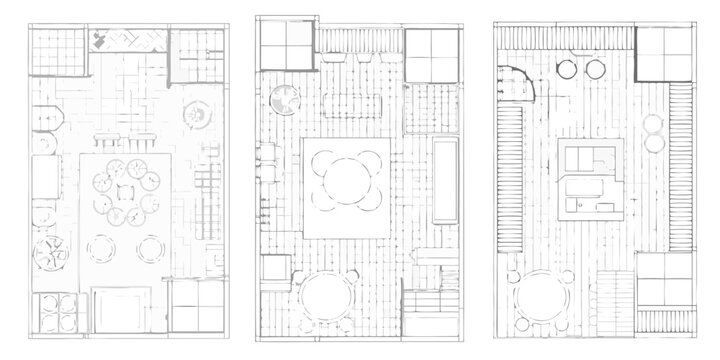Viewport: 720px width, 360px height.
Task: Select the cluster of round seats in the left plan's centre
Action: [x=124, y=192]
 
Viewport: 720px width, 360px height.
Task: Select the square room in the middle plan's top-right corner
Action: [x=431, y=52]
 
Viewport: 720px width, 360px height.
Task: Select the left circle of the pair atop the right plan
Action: [x=566, y=69]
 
